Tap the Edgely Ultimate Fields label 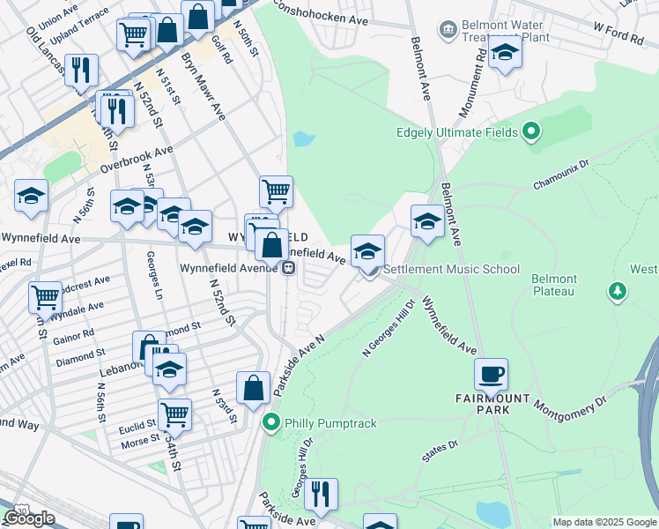[458, 134]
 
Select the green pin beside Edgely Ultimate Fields [530, 133]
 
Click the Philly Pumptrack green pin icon [272, 423]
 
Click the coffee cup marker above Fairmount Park [491, 374]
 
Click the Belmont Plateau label [553, 285]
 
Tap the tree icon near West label [618, 290]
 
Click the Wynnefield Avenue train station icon [288, 269]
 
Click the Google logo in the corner [29, 518]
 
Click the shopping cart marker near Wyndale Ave [45, 296]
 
